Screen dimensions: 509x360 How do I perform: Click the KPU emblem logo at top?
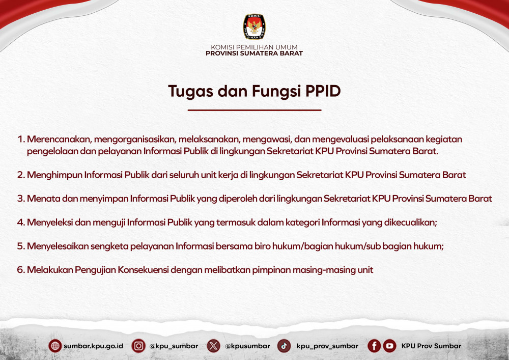click(254, 26)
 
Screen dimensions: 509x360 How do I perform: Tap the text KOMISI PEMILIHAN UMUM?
click(254, 47)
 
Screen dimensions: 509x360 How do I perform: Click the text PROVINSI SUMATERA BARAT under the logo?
click(254, 53)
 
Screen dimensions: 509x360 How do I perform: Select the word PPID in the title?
click(323, 91)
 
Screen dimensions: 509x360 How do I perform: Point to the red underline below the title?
click(254, 110)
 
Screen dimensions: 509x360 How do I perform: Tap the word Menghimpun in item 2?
click(54, 175)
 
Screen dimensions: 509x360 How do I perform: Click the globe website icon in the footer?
click(55, 346)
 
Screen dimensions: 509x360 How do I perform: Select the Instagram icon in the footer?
click(138, 346)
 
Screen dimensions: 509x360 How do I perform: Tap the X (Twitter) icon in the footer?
click(213, 346)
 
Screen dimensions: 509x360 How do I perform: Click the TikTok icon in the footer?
click(284, 346)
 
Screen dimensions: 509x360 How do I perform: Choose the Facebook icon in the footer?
click(374, 346)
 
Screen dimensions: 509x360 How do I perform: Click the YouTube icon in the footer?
click(389, 346)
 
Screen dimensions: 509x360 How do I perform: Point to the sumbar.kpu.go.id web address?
click(94, 346)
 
